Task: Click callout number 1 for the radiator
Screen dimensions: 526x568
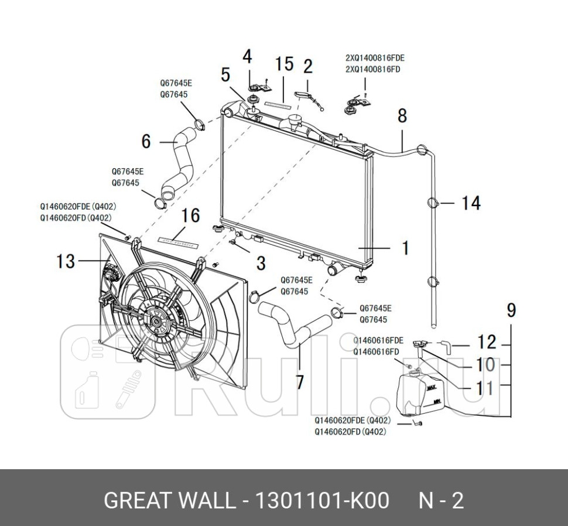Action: pyautogui.click(x=405, y=248)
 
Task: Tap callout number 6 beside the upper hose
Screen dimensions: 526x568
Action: pyautogui.click(x=146, y=141)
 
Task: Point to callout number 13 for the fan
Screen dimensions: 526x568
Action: pyautogui.click(x=66, y=261)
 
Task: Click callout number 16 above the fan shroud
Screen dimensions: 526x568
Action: pyautogui.click(x=190, y=216)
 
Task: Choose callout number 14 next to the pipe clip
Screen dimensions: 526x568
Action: pyautogui.click(x=471, y=203)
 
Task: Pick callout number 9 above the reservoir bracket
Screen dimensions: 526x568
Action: pyautogui.click(x=511, y=310)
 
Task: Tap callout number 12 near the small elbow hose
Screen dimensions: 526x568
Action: pyautogui.click(x=487, y=342)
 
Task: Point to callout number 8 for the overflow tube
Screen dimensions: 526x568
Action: pyautogui.click(x=402, y=115)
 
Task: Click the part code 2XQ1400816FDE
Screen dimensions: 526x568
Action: pyautogui.click(x=375, y=58)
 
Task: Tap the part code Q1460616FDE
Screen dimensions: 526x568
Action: pyautogui.click(x=378, y=340)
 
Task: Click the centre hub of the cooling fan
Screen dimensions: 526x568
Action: pyautogui.click(x=156, y=321)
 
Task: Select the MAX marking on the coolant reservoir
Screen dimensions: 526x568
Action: pyautogui.click(x=432, y=387)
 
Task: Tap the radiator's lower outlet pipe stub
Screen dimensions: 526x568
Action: pyautogui.click(x=336, y=270)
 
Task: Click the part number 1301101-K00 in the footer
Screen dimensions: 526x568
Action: pyautogui.click(x=320, y=501)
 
